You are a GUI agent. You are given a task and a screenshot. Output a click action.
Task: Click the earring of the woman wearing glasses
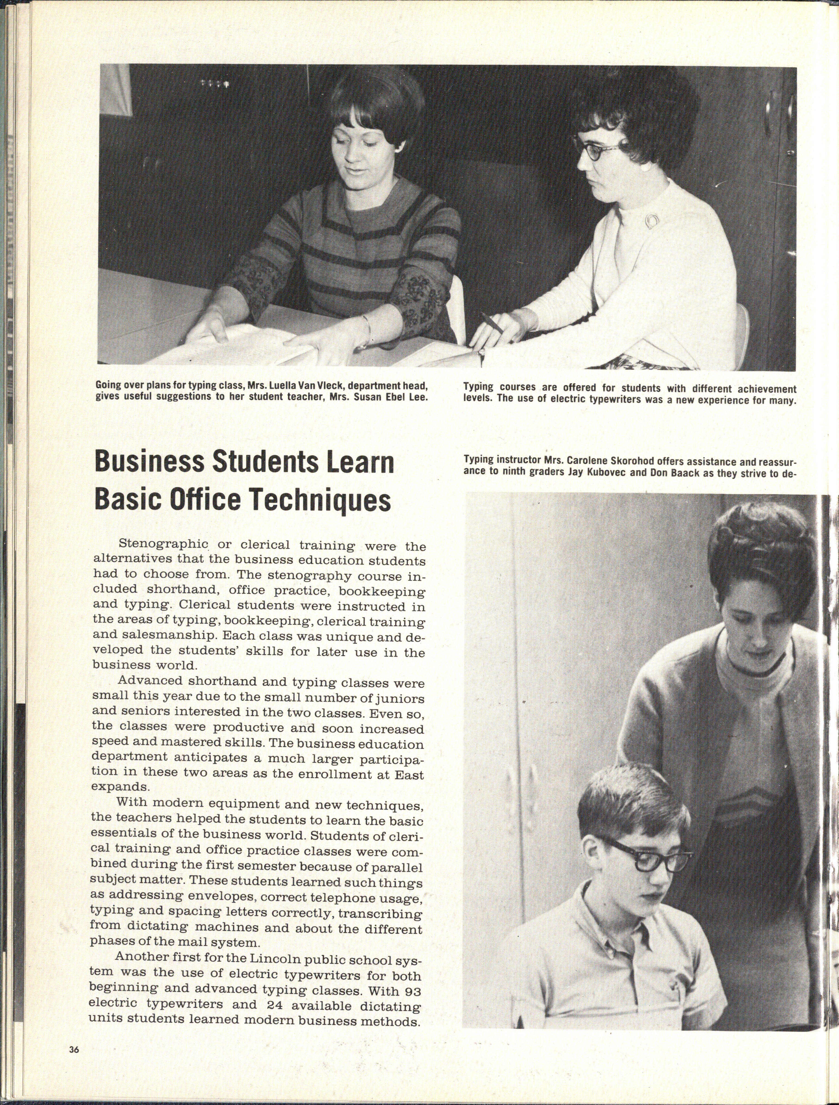click(644, 167)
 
